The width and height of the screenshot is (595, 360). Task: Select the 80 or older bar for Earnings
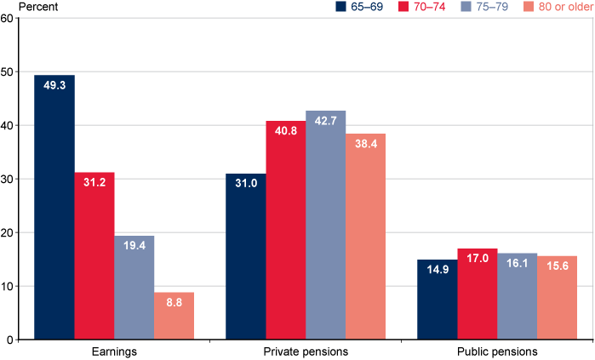tap(174, 316)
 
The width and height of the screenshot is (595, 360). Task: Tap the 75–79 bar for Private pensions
tap(325, 225)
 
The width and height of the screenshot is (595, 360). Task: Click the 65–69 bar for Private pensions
tap(245, 256)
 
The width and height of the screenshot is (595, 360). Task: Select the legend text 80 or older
tap(558, 8)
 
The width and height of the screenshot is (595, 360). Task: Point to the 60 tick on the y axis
tap(7, 18)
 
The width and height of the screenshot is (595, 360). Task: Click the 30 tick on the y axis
tap(7, 179)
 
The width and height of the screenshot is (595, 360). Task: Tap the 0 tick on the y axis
tap(9, 340)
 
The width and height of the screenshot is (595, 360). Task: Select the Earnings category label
tap(114, 351)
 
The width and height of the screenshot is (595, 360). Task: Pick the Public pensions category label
tap(496, 351)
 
